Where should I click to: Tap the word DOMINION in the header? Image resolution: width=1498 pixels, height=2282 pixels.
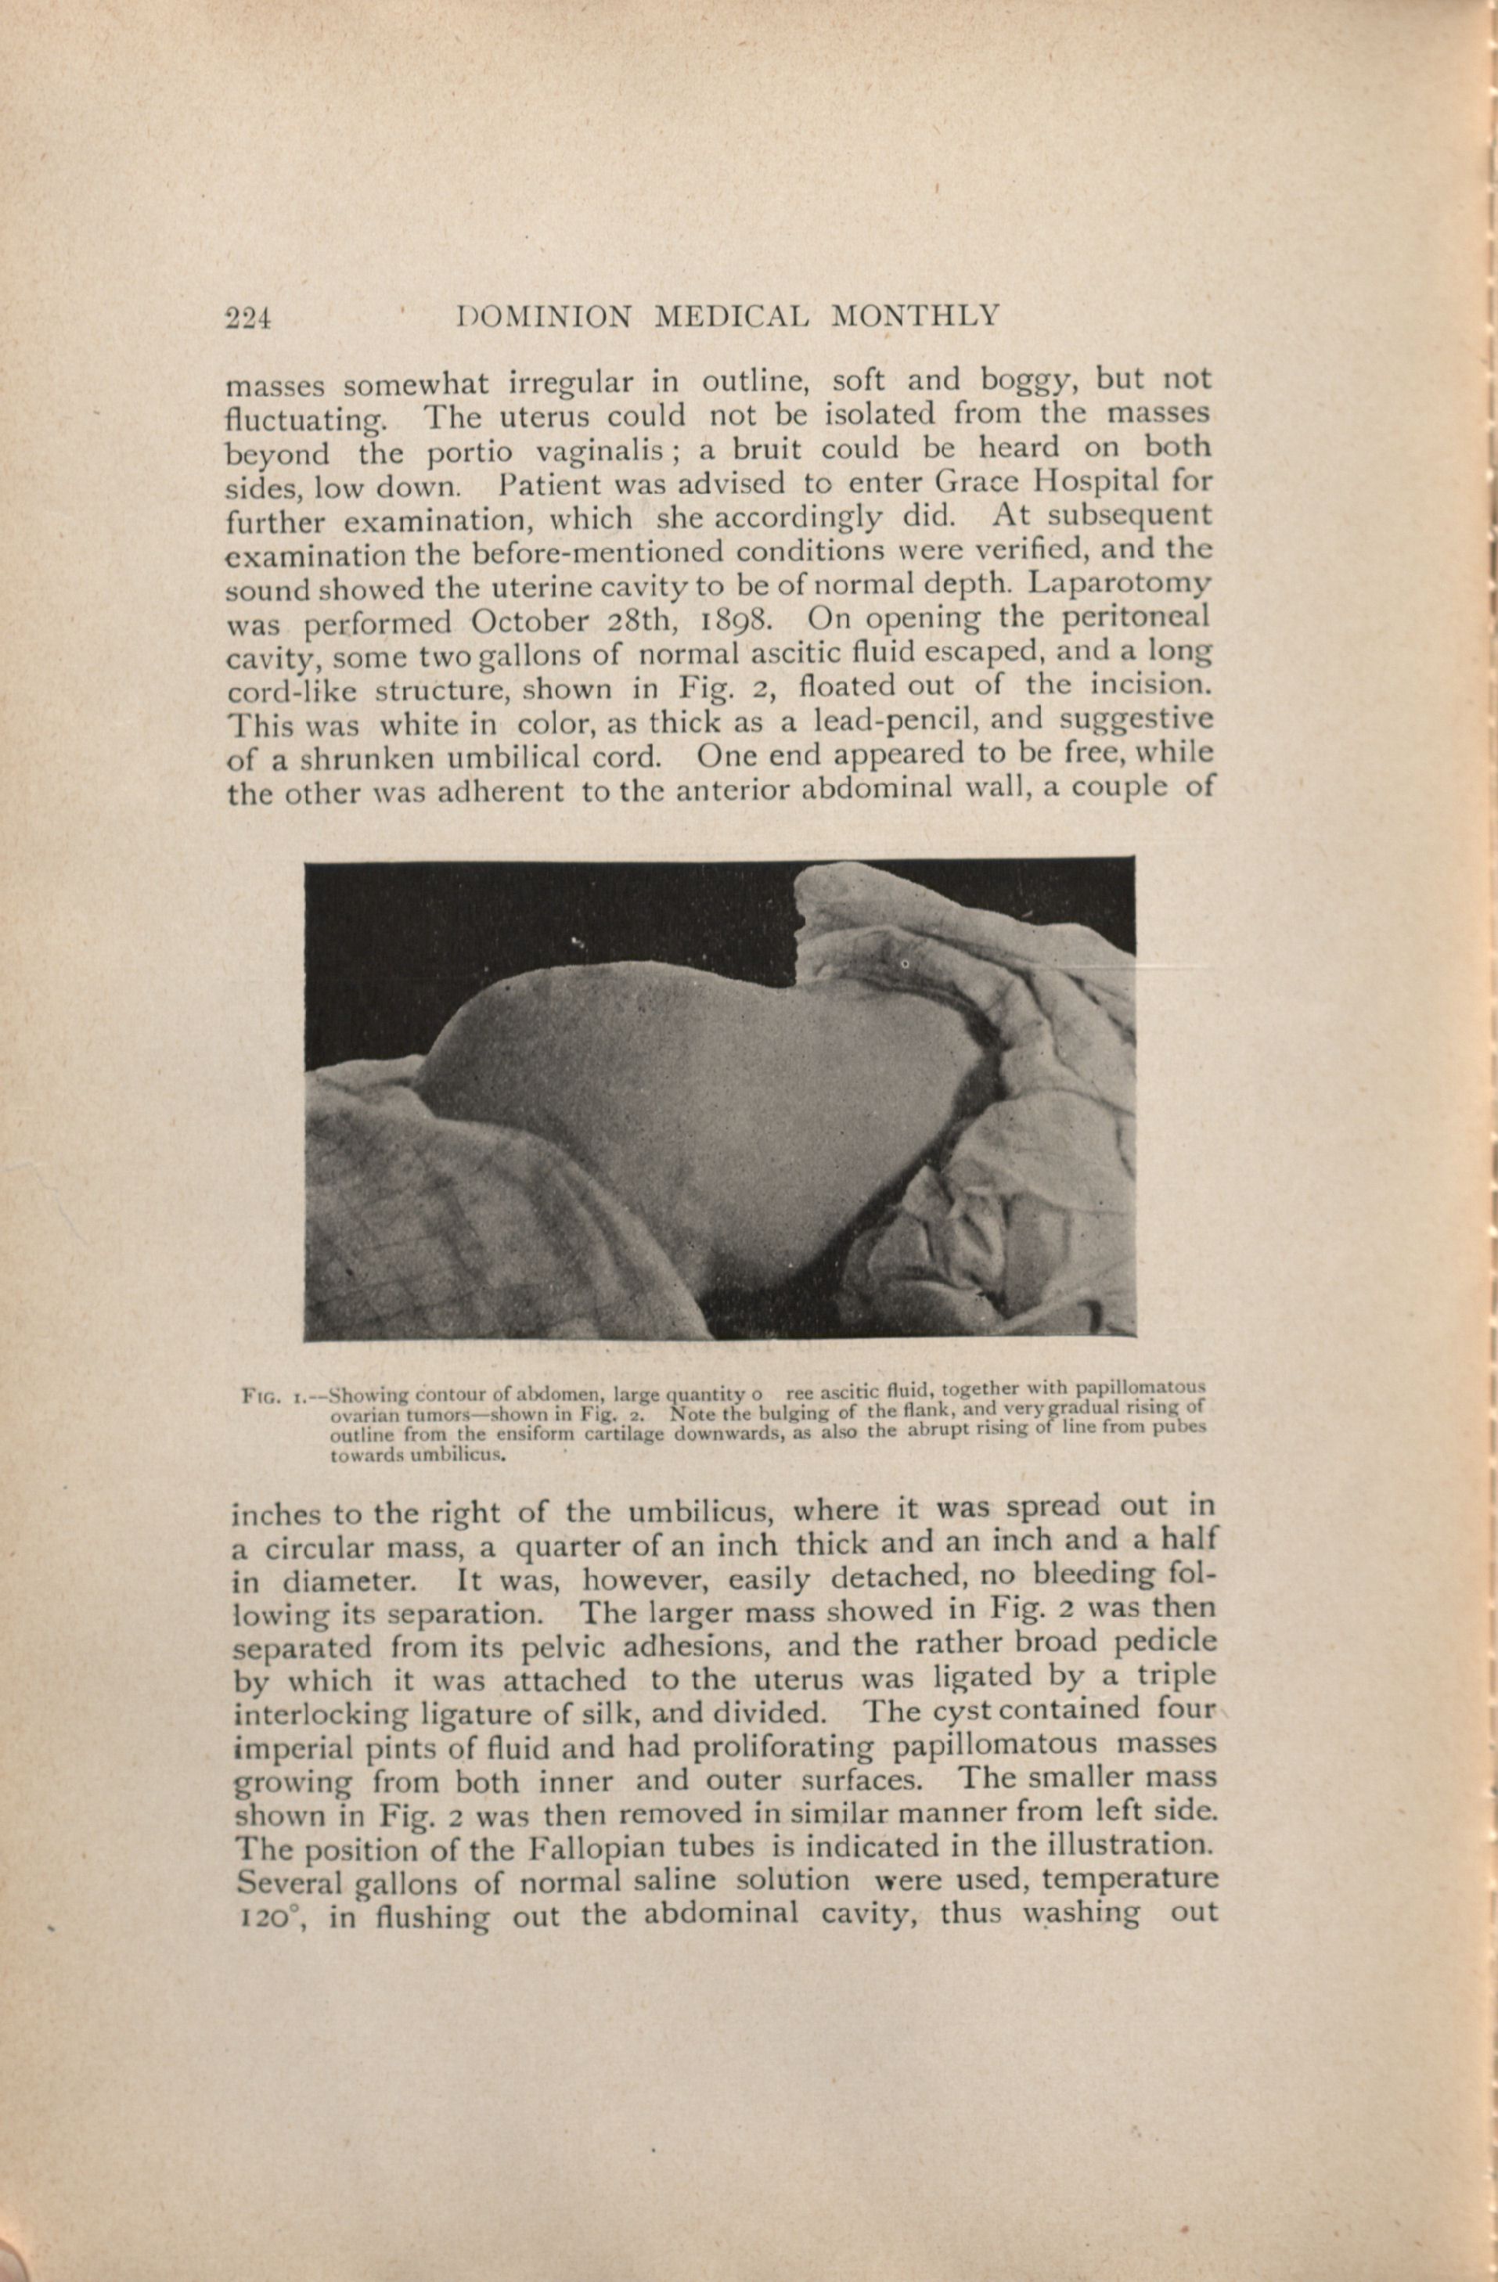pyautogui.click(x=545, y=316)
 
